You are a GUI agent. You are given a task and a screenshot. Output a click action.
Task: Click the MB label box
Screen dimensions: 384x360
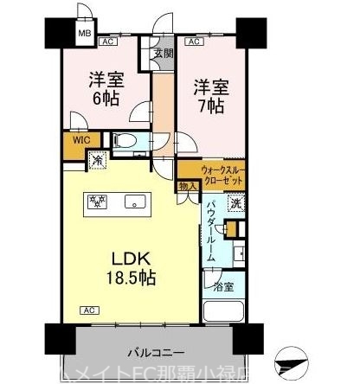[85, 35]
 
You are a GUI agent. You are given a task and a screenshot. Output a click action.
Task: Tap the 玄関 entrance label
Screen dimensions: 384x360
[163, 53]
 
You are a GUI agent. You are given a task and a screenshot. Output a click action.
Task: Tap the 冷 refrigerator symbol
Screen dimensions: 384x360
[97, 159]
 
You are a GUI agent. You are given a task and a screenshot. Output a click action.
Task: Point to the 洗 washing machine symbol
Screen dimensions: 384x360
[235, 205]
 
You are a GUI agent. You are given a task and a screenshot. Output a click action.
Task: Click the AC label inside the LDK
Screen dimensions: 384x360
[87, 309]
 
